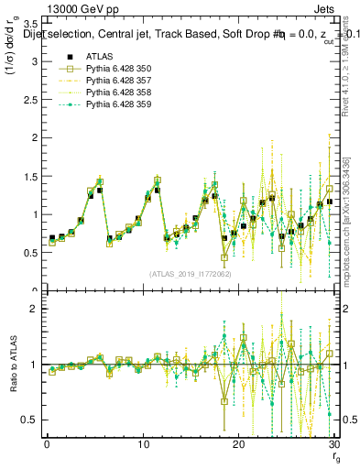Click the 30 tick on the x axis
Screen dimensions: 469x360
click(x=334, y=445)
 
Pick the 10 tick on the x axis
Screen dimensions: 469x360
click(x=143, y=445)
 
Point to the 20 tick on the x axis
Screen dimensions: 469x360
click(x=238, y=445)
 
